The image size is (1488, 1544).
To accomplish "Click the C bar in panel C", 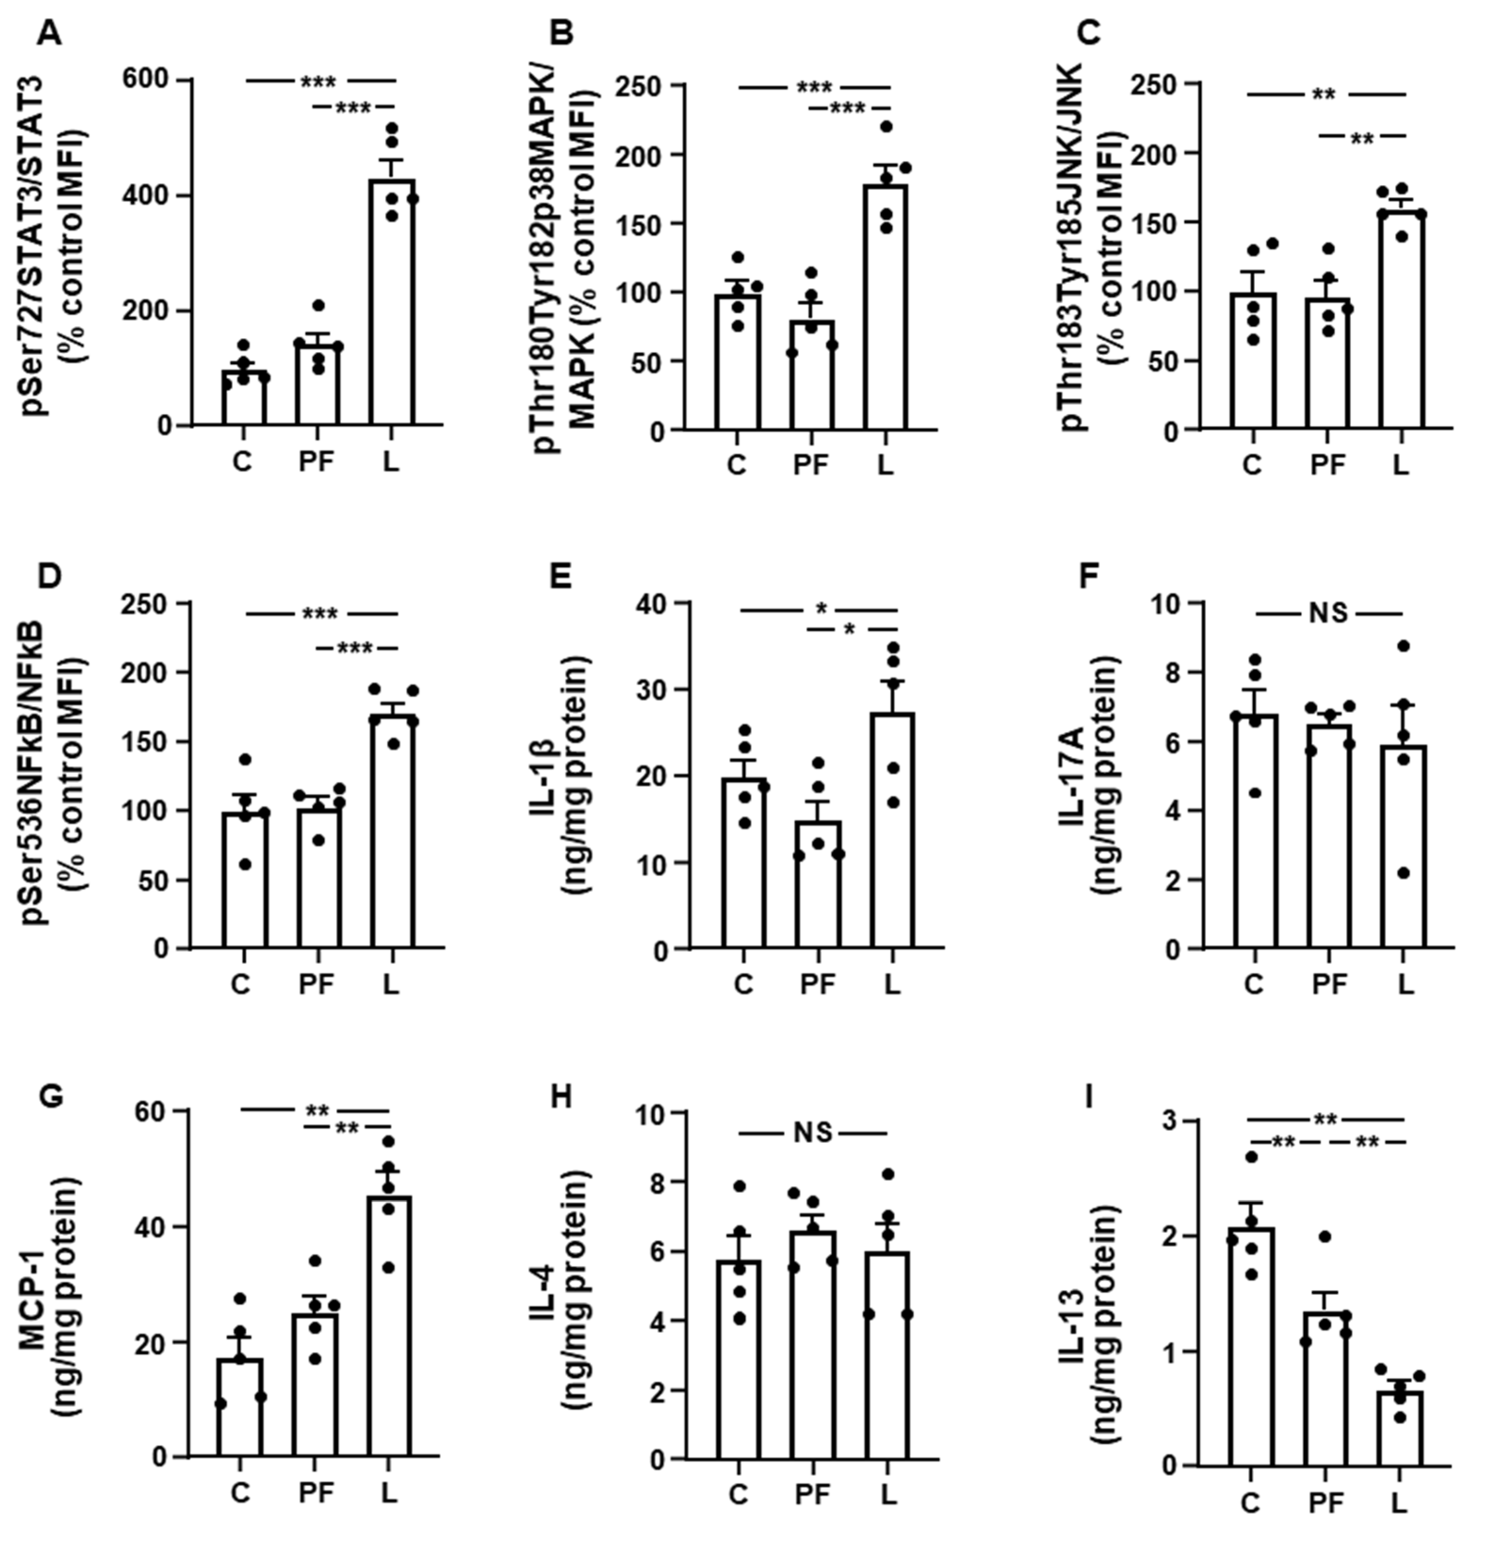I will pyautogui.click(x=1253, y=362).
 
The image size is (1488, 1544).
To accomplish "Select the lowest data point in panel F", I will pyautogui.click(x=1403, y=873).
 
